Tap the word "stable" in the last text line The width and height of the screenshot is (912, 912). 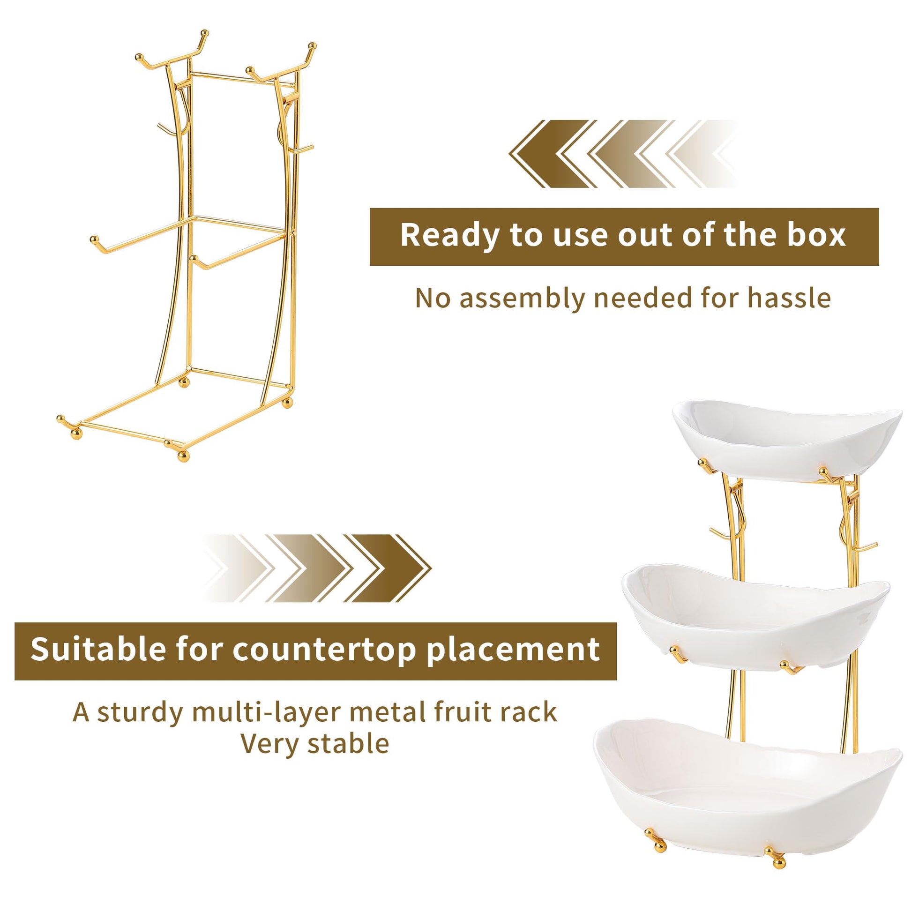348,743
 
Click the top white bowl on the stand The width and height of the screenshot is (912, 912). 787,439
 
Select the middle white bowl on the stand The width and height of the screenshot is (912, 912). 756,614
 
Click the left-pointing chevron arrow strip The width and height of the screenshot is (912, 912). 623,154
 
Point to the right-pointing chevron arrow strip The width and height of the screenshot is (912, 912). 317,568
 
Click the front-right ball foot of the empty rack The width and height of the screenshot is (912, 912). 183,455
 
